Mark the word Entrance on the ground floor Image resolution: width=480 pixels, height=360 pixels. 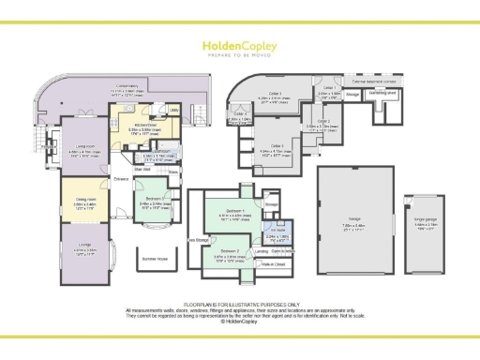[x=122, y=178]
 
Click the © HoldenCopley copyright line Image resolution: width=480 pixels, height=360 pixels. [x=240, y=322]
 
